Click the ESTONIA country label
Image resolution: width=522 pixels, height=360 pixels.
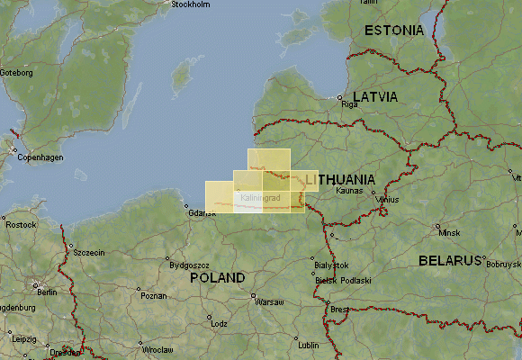[393, 31]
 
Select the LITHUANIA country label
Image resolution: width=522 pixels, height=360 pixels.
[339, 181]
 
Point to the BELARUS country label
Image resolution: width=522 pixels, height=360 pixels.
[451, 261]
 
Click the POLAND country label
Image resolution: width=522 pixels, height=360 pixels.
[217, 278]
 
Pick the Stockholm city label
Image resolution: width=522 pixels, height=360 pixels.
[190, 4]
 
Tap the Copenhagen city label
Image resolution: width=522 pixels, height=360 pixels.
[40, 157]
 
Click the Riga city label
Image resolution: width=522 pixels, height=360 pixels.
[350, 104]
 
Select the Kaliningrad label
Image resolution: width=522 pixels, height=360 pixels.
[261, 197]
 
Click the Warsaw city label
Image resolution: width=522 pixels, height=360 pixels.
[270, 302]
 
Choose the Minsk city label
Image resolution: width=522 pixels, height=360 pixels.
[448, 232]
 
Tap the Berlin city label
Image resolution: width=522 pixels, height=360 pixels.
[41, 292]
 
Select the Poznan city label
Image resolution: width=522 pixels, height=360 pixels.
[154, 296]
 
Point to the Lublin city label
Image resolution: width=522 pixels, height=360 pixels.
[309, 345]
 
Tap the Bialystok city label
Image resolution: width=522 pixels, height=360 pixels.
[333, 265]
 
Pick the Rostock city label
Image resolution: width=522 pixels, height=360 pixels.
[20, 224]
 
